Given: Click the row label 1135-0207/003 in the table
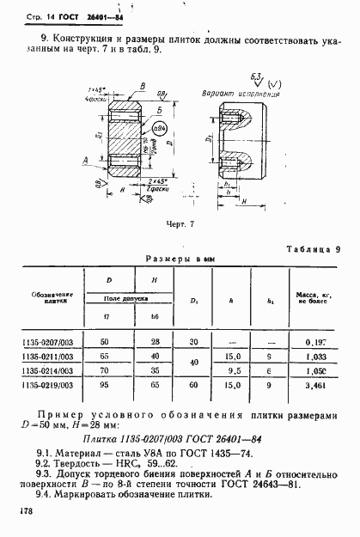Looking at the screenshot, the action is tap(48, 342).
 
